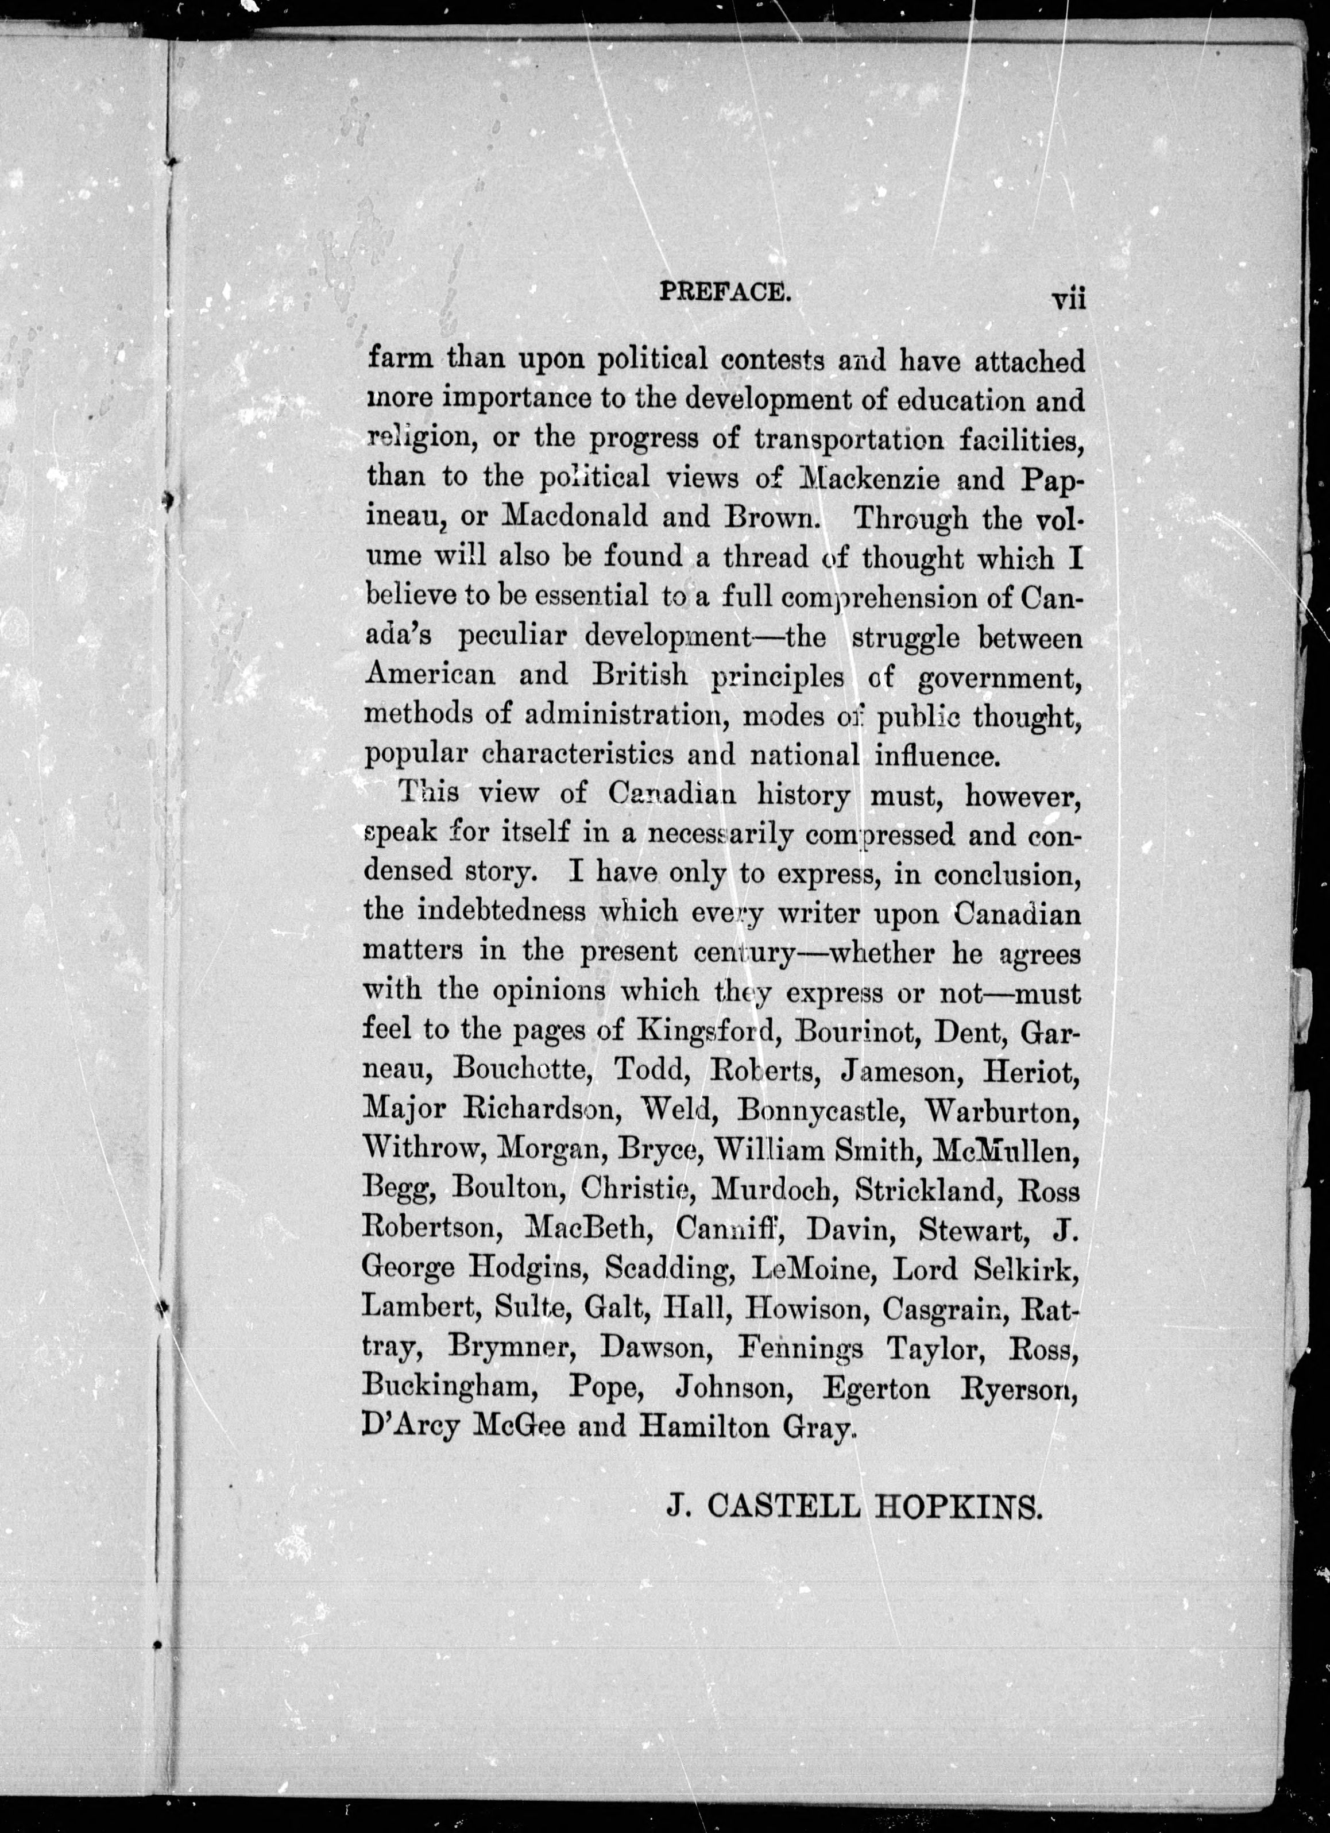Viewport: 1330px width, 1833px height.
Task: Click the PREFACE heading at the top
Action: point(725,291)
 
